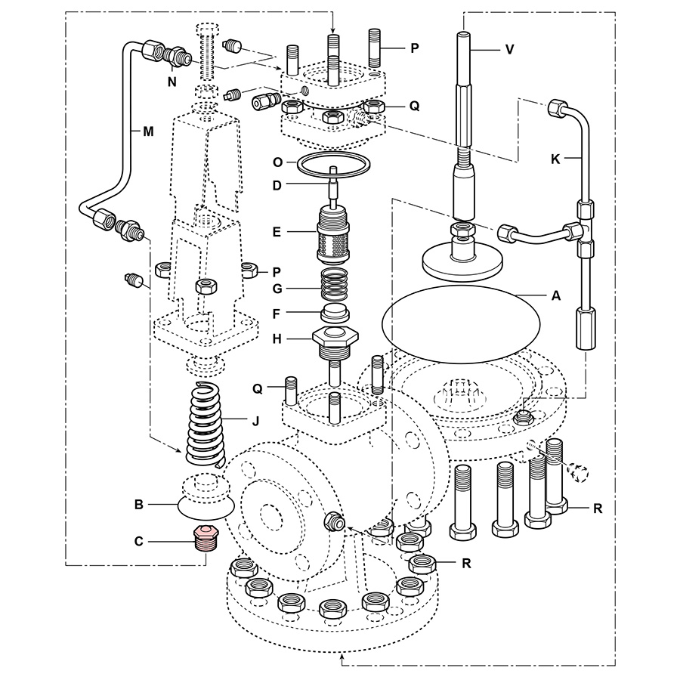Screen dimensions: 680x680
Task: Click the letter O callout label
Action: pyautogui.click(x=277, y=162)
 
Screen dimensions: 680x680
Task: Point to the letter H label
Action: pyautogui.click(x=277, y=338)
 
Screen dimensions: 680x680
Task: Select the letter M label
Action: pyautogui.click(x=149, y=131)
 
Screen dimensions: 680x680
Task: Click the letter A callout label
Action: pyautogui.click(x=556, y=297)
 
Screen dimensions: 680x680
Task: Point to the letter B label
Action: pyautogui.click(x=139, y=504)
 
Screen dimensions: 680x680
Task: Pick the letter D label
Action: pyautogui.click(x=277, y=184)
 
